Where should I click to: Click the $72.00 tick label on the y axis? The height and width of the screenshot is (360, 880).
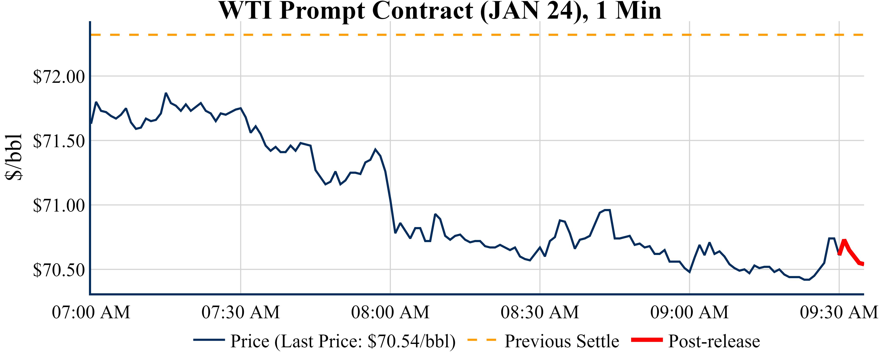pyautogui.click(x=59, y=76)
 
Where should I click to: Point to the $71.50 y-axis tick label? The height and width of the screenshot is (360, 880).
pyautogui.click(x=59, y=141)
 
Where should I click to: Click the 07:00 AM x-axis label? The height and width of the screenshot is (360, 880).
pyautogui.click(x=91, y=312)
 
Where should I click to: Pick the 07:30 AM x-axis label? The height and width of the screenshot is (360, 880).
pyautogui.click(x=241, y=312)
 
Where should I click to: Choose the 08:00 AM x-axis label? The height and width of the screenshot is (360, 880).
pyautogui.click(x=390, y=312)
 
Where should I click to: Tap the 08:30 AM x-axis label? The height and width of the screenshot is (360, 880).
pyautogui.click(x=540, y=312)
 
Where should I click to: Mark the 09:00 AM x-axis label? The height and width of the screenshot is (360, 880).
pyautogui.click(x=689, y=312)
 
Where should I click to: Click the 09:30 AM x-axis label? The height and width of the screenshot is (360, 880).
pyautogui.click(x=839, y=312)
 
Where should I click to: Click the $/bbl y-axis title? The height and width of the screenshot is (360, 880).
pyautogui.click(x=14, y=157)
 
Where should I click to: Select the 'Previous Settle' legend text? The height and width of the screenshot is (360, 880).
pyautogui.click(x=562, y=341)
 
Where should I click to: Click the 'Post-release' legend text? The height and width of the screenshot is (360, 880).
pyautogui.click(x=714, y=341)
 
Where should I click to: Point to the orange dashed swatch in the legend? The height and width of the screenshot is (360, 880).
pyautogui.click(x=481, y=340)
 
